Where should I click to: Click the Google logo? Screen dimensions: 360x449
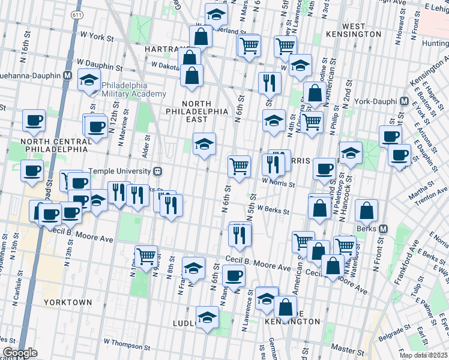point(20,353)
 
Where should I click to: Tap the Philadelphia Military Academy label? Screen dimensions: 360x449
point(133,89)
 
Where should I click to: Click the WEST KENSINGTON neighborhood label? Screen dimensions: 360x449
point(361,31)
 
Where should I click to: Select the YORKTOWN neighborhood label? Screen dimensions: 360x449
point(67,302)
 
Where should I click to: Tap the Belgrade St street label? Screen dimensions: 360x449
point(391,331)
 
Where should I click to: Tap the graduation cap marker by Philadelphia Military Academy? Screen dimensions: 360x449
point(89,80)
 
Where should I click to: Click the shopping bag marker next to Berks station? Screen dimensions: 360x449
point(366,211)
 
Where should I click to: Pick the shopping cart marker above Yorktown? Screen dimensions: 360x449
point(146,256)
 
